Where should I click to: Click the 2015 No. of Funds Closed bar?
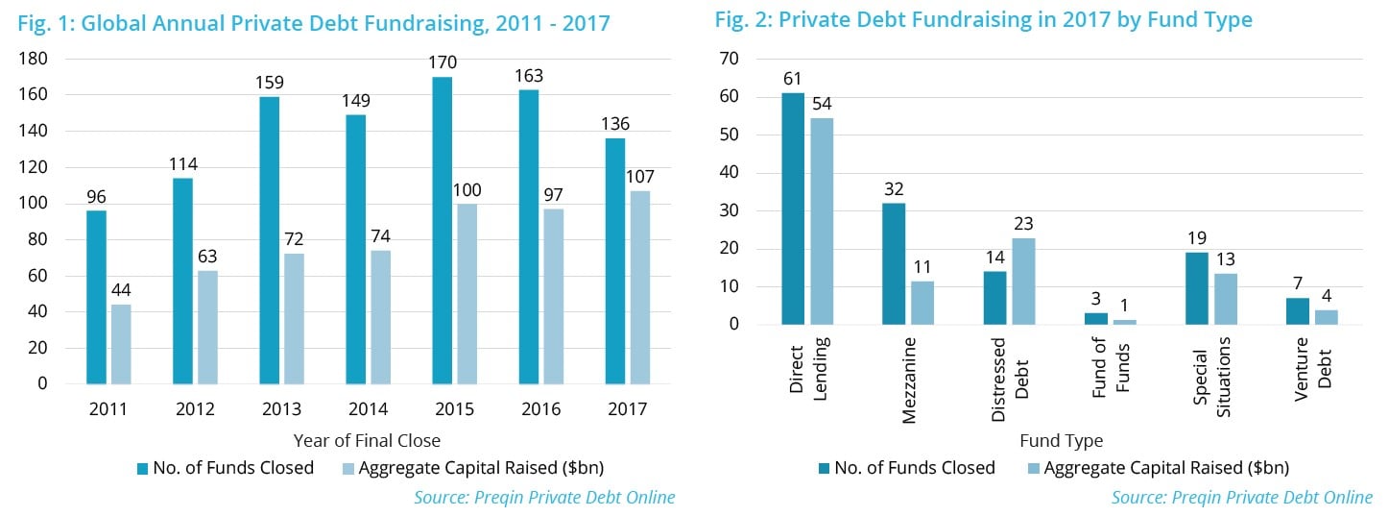click(442, 231)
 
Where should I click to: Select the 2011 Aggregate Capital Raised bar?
click(121, 344)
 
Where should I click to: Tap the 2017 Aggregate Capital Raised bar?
click(640, 291)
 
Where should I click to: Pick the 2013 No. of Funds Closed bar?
click(269, 240)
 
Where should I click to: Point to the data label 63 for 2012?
click(207, 258)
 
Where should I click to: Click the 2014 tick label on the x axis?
click(368, 409)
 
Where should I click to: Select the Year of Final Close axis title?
click(368, 441)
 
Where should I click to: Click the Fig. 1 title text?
click(314, 22)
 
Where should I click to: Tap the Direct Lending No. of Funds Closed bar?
click(793, 209)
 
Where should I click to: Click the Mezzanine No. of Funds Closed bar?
click(894, 263)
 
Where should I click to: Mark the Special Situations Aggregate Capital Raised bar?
click(1225, 299)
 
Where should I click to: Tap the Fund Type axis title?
click(1061, 441)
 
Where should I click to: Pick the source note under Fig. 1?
click(544, 498)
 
